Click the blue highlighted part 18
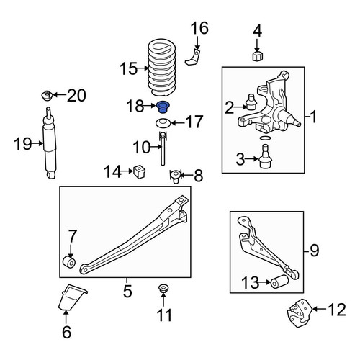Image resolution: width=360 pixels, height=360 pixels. click(163, 107)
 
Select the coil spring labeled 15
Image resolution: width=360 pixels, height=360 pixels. click(162, 68)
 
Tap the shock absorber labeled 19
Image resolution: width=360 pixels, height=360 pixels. click(50, 143)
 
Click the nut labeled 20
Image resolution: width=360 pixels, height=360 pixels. click(47, 96)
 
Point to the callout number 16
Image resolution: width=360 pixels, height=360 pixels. click(199, 28)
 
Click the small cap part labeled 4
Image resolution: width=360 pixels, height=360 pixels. click(258, 56)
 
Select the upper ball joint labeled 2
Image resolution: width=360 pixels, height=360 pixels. click(251, 102)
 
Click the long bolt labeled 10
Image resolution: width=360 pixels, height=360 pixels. click(163, 149)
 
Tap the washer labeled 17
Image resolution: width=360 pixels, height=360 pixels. click(163, 123)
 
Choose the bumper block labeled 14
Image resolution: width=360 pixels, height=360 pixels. click(139, 171)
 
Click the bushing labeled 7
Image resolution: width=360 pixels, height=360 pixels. click(69, 262)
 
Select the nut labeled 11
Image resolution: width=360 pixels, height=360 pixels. click(163, 288)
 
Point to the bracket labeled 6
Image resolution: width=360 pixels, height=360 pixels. click(72, 297)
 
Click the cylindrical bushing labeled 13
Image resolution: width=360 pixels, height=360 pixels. click(279, 281)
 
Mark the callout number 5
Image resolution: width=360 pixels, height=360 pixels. click(127, 291)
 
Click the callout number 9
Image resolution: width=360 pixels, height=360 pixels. click(314, 250)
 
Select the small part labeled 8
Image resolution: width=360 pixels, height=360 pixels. click(176, 176)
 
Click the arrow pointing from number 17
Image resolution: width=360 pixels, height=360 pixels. click(178, 123)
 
